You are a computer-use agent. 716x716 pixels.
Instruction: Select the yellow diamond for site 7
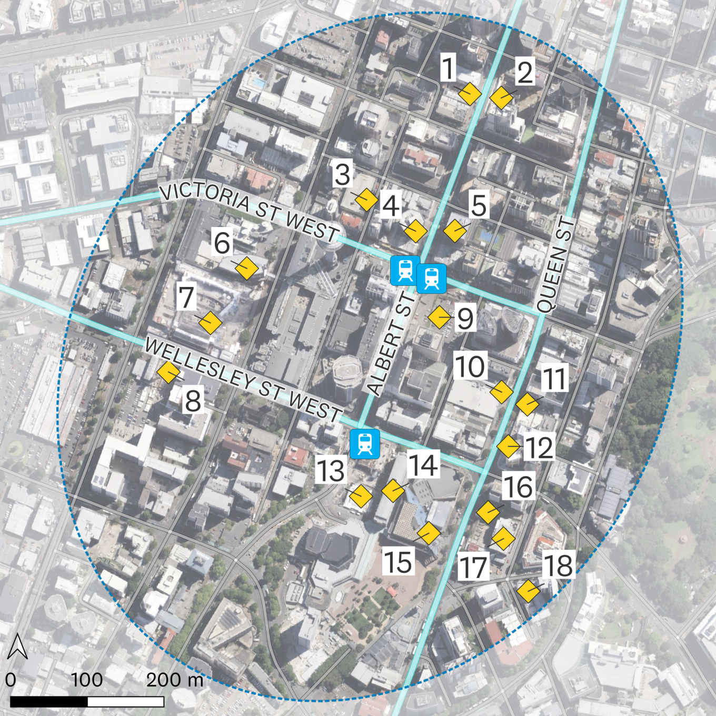210,323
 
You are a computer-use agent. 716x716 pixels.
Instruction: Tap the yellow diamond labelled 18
528,591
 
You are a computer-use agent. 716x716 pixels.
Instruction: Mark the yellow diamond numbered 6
246,268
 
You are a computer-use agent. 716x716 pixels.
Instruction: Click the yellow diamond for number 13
361,496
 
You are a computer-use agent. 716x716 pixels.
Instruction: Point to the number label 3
342,175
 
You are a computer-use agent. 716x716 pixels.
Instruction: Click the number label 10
470,366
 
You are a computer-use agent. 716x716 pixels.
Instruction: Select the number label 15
397,562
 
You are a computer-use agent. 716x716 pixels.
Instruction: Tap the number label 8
193,401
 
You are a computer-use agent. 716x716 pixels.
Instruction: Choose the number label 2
524,72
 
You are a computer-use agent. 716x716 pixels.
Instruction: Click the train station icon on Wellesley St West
365,443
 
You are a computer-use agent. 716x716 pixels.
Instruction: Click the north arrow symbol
18,646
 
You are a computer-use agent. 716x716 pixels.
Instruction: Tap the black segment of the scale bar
48,702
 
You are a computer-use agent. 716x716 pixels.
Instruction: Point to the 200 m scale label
174,680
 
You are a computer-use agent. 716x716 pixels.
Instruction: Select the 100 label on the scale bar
87,680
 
